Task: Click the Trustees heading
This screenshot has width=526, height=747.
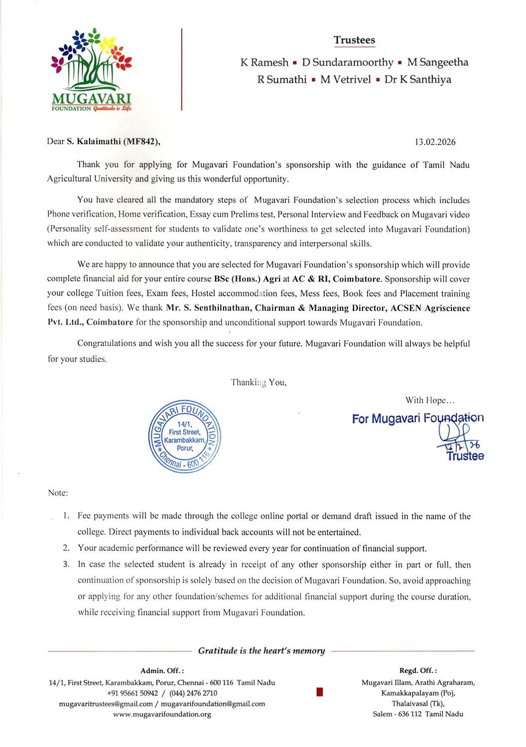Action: click(x=354, y=40)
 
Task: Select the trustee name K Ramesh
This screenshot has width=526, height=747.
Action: click(x=264, y=63)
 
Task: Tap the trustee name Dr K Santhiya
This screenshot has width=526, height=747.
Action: click(x=417, y=80)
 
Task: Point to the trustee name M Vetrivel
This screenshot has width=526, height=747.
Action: click(x=345, y=80)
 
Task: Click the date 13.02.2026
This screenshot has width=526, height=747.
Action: click(x=435, y=142)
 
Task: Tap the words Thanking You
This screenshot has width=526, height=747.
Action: click(x=259, y=382)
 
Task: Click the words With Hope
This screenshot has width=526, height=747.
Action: click(x=429, y=400)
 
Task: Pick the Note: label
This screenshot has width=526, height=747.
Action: click(x=58, y=493)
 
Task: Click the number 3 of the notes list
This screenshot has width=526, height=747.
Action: click(x=66, y=564)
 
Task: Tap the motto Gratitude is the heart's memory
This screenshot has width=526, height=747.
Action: click(x=262, y=651)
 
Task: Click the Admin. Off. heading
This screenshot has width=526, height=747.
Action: click(x=162, y=671)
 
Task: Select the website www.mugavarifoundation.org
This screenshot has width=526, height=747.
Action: click(x=162, y=715)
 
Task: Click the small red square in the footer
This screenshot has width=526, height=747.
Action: click(x=320, y=692)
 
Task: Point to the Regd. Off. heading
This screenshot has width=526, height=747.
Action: click(x=418, y=671)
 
